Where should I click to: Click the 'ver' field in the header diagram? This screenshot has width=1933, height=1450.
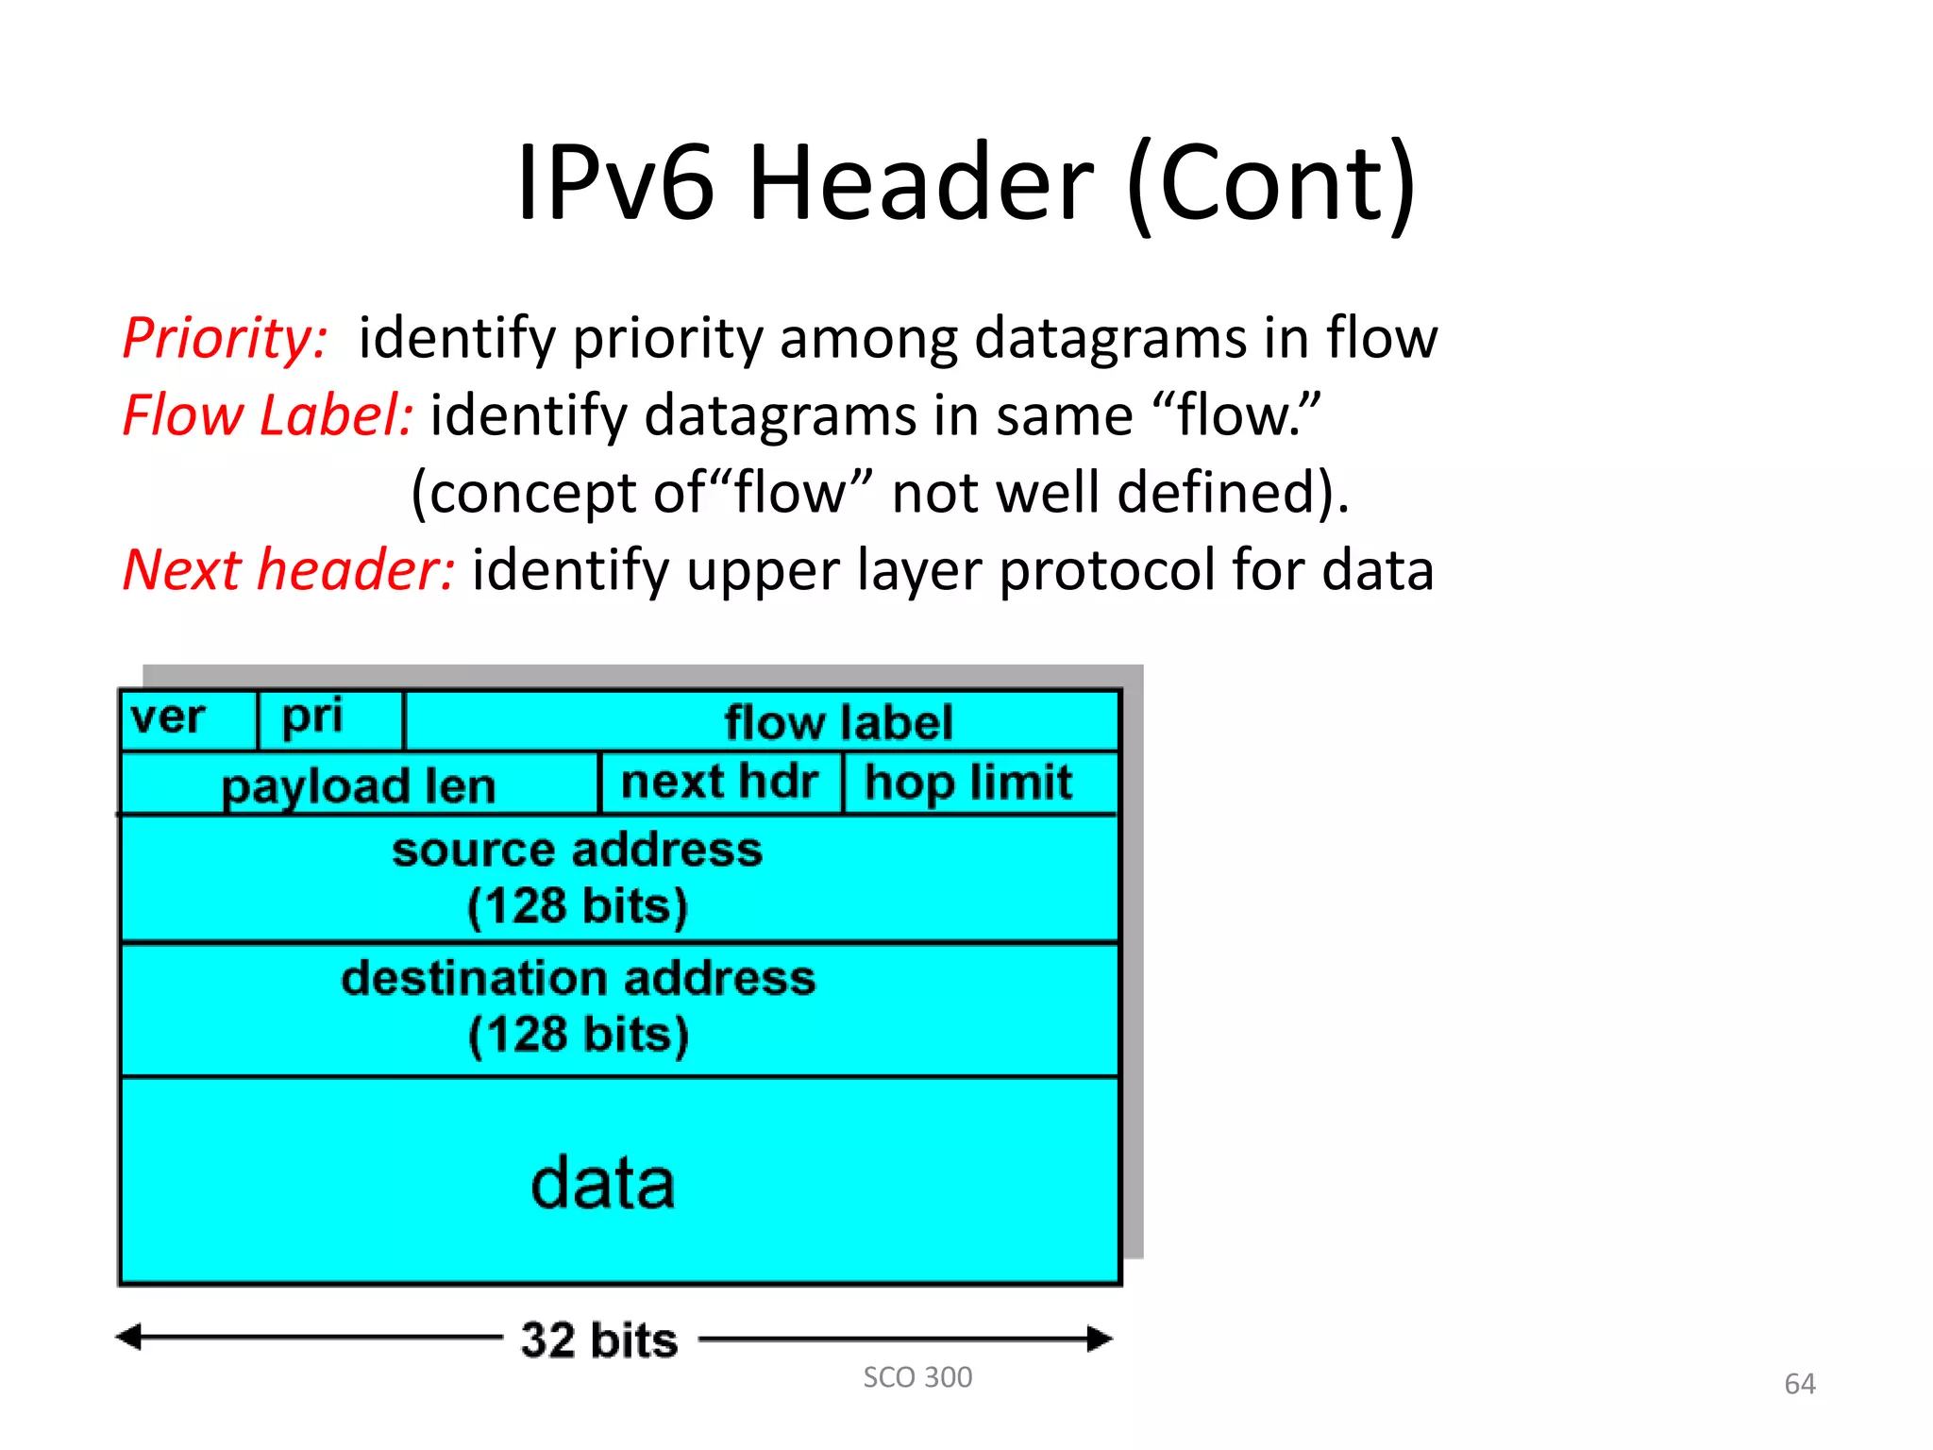168,718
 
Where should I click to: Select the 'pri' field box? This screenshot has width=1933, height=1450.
313,717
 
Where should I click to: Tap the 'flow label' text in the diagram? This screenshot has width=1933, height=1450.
838,723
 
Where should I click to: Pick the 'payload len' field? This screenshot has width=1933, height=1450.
359,786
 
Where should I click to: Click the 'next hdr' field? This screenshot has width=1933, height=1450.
719,783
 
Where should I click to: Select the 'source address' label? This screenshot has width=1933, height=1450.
578,850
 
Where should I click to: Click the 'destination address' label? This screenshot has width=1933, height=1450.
578,978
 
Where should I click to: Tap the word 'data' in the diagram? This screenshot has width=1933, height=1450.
603,1184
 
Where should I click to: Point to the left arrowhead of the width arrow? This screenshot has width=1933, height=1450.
129,1337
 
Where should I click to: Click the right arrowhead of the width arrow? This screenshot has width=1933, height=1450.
1100,1339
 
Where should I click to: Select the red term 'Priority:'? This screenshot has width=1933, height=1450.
226,338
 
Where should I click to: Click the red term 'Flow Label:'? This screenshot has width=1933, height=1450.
268,415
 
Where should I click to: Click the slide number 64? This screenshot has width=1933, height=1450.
1800,1384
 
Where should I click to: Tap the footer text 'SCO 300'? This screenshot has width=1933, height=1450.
917,1377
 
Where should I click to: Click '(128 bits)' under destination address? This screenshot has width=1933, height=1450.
579,1035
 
